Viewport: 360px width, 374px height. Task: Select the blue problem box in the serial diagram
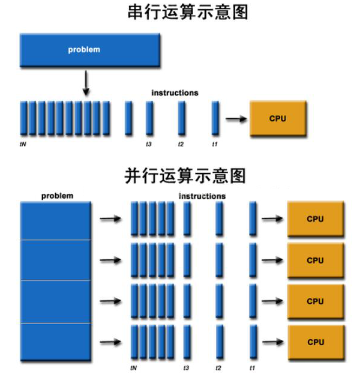tap(90, 49)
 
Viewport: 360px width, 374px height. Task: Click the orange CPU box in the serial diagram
tap(278, 118)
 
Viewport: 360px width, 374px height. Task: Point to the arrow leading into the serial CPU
tap(236, 118)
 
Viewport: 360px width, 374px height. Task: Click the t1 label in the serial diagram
tap(214, 144)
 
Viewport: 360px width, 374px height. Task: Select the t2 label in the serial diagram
tap(181, 144)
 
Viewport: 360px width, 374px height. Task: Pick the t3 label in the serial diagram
tap(148, 144)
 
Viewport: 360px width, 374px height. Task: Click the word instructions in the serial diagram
tap(175, 93)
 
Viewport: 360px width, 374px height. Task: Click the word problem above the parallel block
tap(57, 196)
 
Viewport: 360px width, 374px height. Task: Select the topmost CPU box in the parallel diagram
tap(315, 219)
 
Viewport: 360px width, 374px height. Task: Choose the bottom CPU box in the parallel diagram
tap(315, 342)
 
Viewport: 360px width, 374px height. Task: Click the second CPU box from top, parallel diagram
tap(315, 260)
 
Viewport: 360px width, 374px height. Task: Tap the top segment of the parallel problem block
tap(55, 220)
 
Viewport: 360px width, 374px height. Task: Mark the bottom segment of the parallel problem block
tap(55, 343)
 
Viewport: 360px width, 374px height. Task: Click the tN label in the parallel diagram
tap(133, 367)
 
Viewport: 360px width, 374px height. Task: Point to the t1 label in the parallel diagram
tap(252, 367)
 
